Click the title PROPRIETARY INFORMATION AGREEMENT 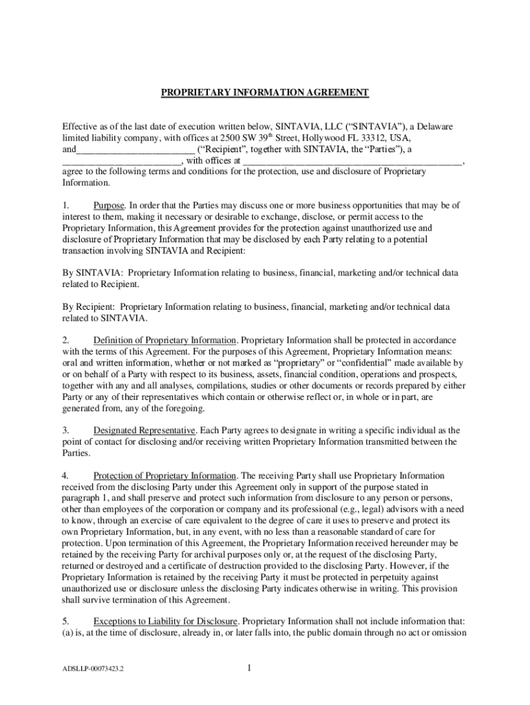265,92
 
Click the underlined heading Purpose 109,205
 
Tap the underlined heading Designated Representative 147,430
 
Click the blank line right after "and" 136,149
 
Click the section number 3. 65,430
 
